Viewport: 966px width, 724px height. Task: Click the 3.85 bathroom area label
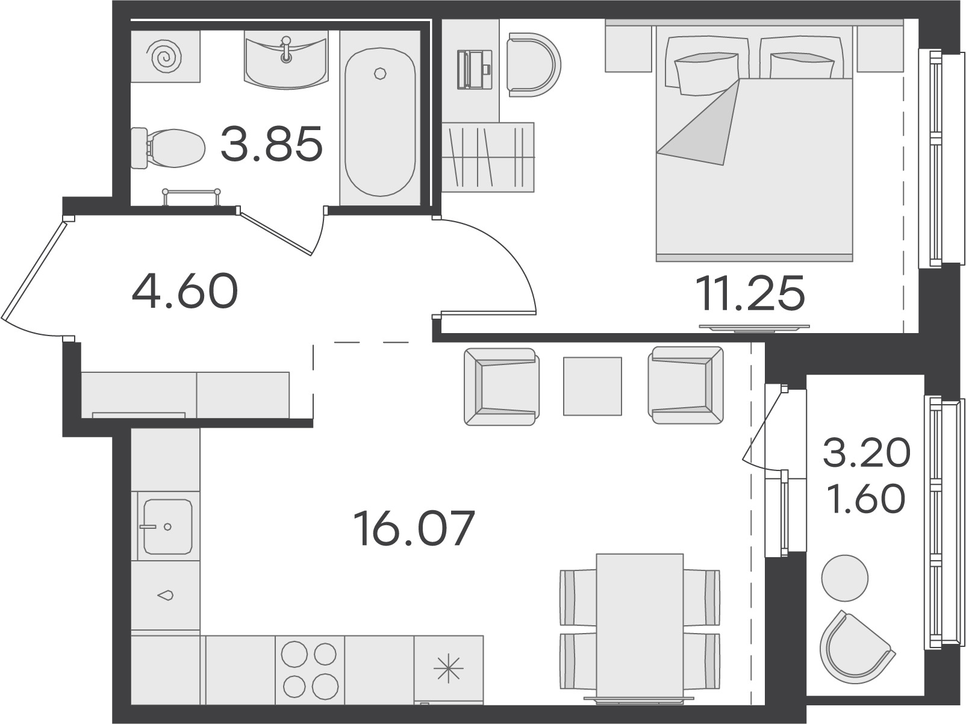[272, 143]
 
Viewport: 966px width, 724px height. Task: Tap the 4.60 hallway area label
[185, 290]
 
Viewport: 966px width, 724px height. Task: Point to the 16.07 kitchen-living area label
[414, 528]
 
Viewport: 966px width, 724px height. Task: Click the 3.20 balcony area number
[866, 452]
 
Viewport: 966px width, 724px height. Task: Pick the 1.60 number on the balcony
[866, 499]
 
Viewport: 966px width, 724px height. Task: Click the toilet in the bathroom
[168, 148]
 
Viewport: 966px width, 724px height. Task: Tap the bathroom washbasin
[287, 60]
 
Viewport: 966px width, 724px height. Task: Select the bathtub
[380, 122]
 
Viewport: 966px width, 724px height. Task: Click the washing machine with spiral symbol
[166, 57]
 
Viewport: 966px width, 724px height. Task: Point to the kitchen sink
[167, 526]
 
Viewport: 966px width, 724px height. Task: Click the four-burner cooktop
[310, 669]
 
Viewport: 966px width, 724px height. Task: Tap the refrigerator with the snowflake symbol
[449, 669]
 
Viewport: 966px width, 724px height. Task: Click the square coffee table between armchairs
[593, 386]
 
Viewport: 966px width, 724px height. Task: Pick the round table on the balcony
[844, 578]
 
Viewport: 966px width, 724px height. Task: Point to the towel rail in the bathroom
[191, 197]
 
